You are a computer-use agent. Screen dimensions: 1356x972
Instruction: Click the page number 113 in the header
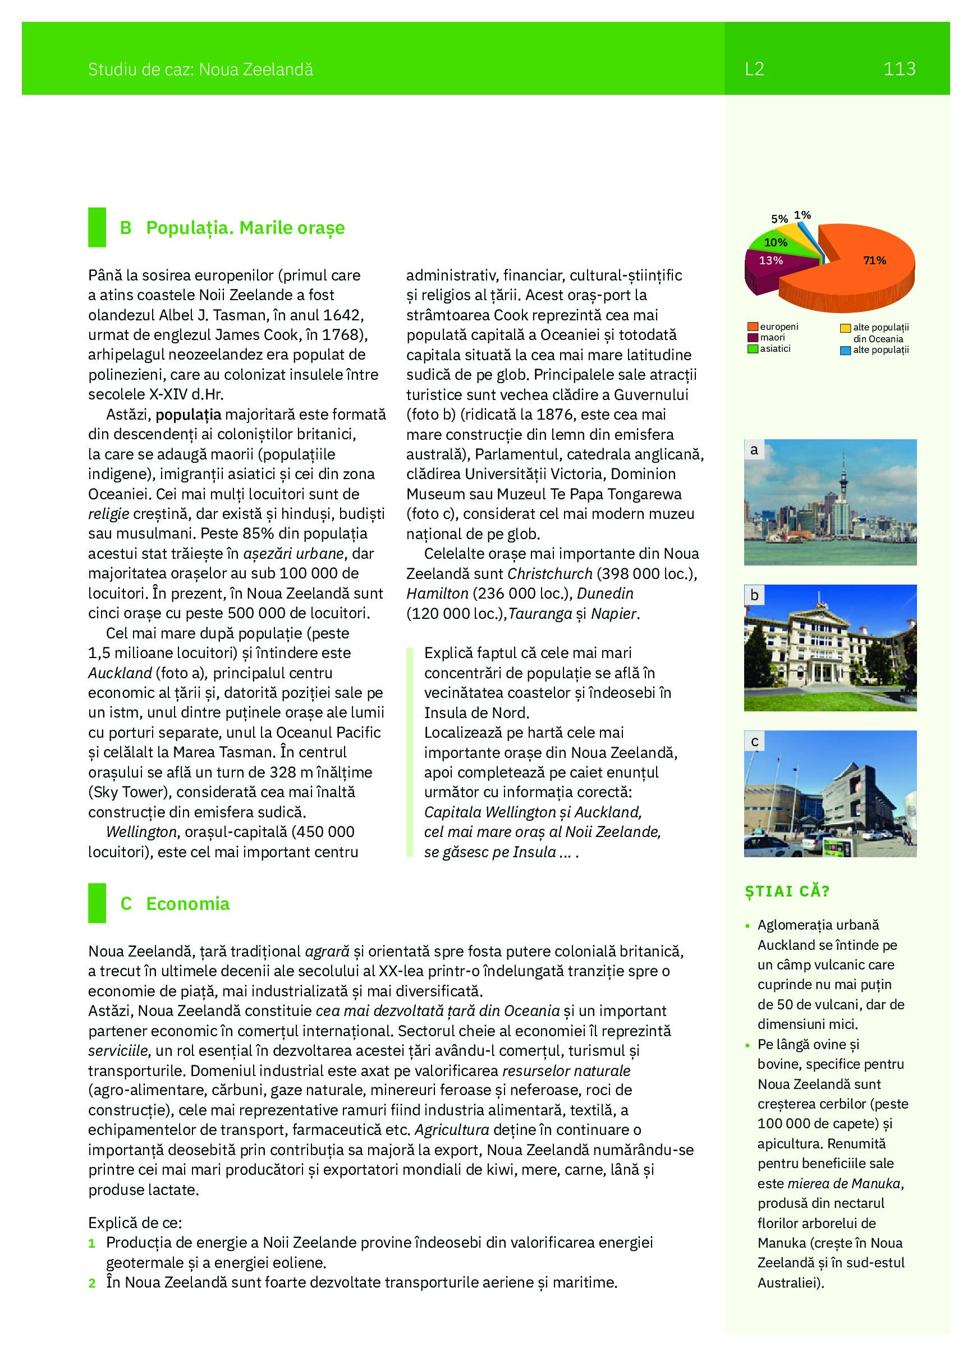[899, 70]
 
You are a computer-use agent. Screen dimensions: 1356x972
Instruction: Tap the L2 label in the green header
[754, 70]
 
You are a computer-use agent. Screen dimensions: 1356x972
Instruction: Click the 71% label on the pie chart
[874, 260]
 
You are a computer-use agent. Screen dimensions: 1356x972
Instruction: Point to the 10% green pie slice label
[775, 243]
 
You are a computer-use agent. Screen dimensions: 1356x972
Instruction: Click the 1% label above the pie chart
[802, 215]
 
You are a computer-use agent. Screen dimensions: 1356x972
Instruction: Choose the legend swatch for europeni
[753, 327]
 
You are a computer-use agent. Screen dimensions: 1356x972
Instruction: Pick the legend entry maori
[772, 338]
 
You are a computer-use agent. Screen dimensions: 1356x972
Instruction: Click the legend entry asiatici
[775, 348]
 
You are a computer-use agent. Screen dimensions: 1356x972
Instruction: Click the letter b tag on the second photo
[754, 595]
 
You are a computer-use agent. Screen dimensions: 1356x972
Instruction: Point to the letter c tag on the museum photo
[754, 741]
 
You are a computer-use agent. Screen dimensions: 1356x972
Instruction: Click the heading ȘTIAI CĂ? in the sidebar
[787, 891]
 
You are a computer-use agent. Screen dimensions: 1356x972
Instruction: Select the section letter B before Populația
[126, 228]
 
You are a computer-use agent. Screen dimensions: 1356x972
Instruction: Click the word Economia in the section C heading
[187, 903]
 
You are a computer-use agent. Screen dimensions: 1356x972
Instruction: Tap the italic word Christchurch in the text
[549, 574]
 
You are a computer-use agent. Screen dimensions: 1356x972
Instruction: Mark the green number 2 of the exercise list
[92, 1283]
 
